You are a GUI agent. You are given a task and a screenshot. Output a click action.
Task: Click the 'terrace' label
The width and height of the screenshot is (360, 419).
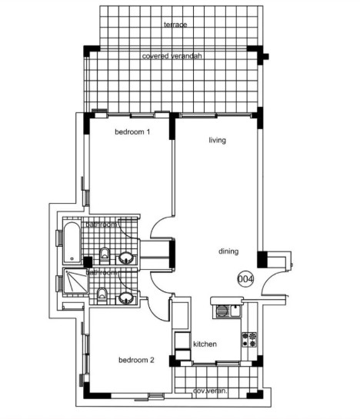pyautogui.click(x=175, y=25)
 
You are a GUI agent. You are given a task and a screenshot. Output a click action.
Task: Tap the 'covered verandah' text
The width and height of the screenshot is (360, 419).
pyautogui.click(x=172, y=56)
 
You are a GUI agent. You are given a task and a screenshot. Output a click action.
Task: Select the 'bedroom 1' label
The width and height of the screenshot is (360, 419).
pyautogui.click(x=132, y=132)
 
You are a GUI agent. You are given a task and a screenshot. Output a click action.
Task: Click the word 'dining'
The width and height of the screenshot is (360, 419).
pyautogui.click(x=228, y=251)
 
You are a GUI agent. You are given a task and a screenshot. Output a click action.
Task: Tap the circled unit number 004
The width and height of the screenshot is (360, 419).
pyautogui.click(x=245, y=278)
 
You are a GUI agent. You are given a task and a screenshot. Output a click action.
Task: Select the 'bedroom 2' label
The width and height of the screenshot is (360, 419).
pyautogui.click(x=137, y=359)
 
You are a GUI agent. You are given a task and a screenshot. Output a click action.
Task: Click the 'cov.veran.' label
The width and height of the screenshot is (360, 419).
pyautogui.click(x=209, y=390)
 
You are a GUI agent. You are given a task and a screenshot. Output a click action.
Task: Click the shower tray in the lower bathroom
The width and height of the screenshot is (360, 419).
pyautogui.click(x=72, y=286)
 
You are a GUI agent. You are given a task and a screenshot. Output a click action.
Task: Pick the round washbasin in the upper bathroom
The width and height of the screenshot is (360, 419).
pyautogui.click(x=126, y=257)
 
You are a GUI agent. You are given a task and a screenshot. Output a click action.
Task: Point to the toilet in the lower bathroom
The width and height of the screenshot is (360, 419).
pyautogui.click(x=102, y=293)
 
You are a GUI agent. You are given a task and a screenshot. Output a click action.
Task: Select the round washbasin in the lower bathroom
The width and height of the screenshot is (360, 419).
pyautogui.click(x=125, y=297)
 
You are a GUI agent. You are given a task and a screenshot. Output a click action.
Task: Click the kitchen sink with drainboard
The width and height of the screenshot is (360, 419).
pyautogui.click(x=225, y=311)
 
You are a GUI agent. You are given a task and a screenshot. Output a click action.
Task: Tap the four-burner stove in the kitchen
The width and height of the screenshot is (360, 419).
pyautogui.click(x=248, y=338)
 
